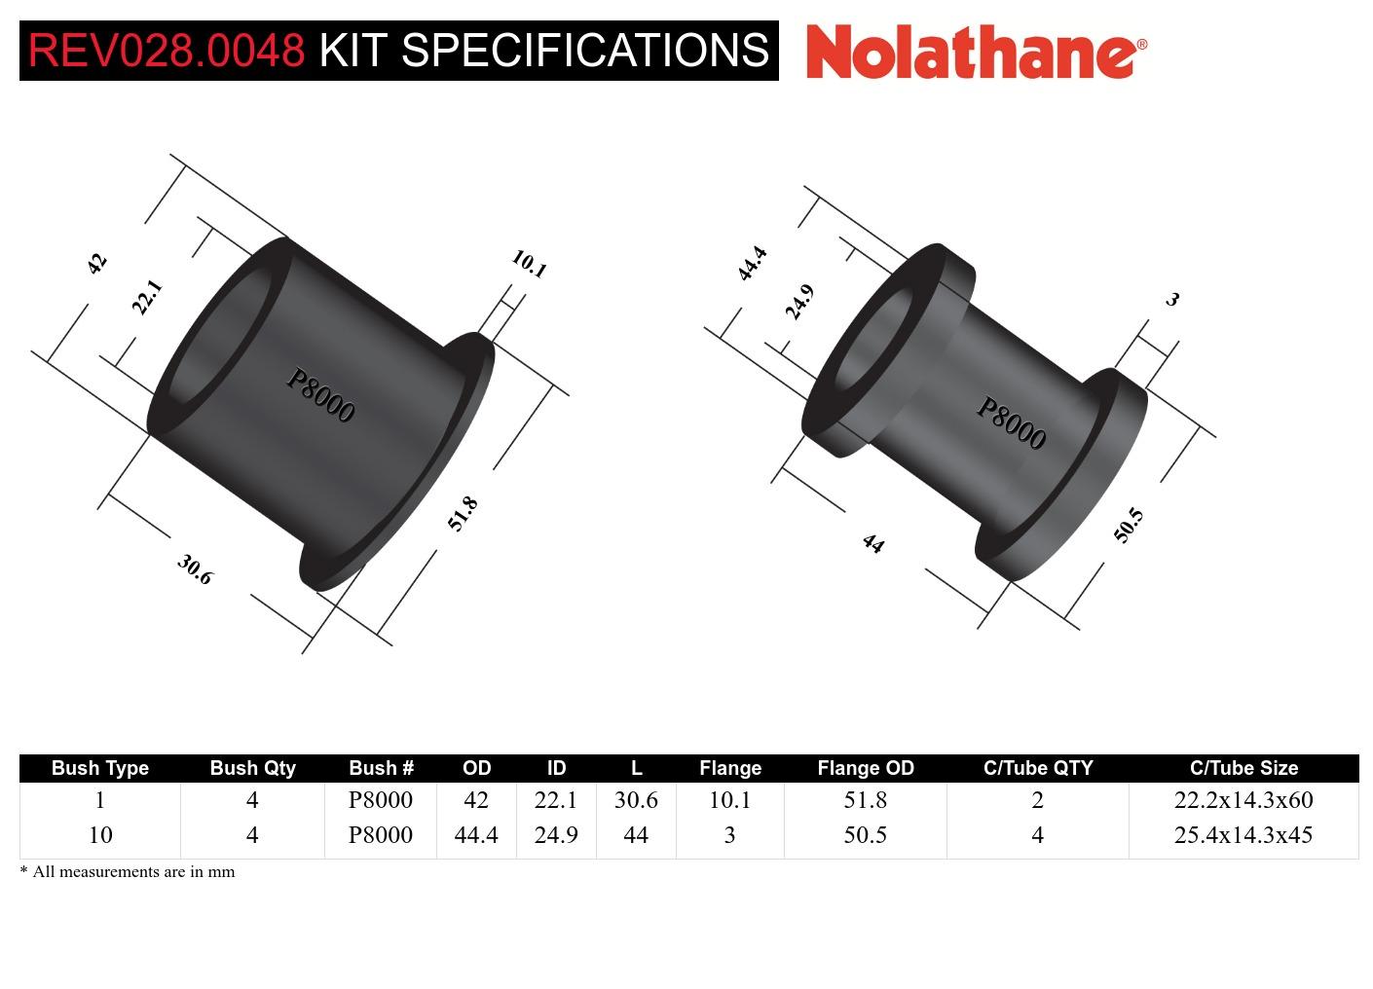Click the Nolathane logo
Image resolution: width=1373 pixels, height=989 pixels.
pyautogui.click(x=976, y=51)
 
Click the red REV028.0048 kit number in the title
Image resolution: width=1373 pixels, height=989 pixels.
pyautogui.click(x=167, y=51)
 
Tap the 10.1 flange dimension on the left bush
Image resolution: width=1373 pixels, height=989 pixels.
pyautogui.click(x=529, y=264)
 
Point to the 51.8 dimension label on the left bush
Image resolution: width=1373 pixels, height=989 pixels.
pyautogui.click(x=463, y=514)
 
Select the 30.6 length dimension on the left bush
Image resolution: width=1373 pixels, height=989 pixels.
pyautogui.click(x=195, y=569)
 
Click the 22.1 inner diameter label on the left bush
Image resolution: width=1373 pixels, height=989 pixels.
pyautogui.click(x=146, y=298)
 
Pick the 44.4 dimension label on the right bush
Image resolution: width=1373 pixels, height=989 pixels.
pyautogui.click(x=752, y=264)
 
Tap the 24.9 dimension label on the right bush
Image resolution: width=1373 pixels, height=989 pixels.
pyautogui.click(x=799, y=303)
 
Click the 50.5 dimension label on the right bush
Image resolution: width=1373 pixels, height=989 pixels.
pyautogui.click(x=1128, y=526)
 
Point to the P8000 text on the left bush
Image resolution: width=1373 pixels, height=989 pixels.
pyautogui.click(x=320, y=396)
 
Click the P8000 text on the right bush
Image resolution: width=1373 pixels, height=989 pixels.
pyautogui.click(x=1011, y=424)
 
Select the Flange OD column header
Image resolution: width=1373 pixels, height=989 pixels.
pyautogui.click(x=865, y=768)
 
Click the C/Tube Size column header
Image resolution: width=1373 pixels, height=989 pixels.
pyautogui.click(x=1243, y=768)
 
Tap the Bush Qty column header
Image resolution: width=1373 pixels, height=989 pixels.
pyautogui.click(x=252, y=768)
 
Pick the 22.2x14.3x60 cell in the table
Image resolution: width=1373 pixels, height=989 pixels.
pyautogui.click(x=1243, y=800)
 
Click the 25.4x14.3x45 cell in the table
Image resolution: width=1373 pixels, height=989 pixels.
pyautogui.click(x=1243, y=835)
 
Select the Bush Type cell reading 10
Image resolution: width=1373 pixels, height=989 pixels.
pyautogui.click(x=100, y=835)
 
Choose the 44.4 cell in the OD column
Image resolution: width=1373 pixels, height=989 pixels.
pyautogui.click(x=476, y=835)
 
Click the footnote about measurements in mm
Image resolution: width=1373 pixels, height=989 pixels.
pyautogui.click(x=128, y=872)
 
